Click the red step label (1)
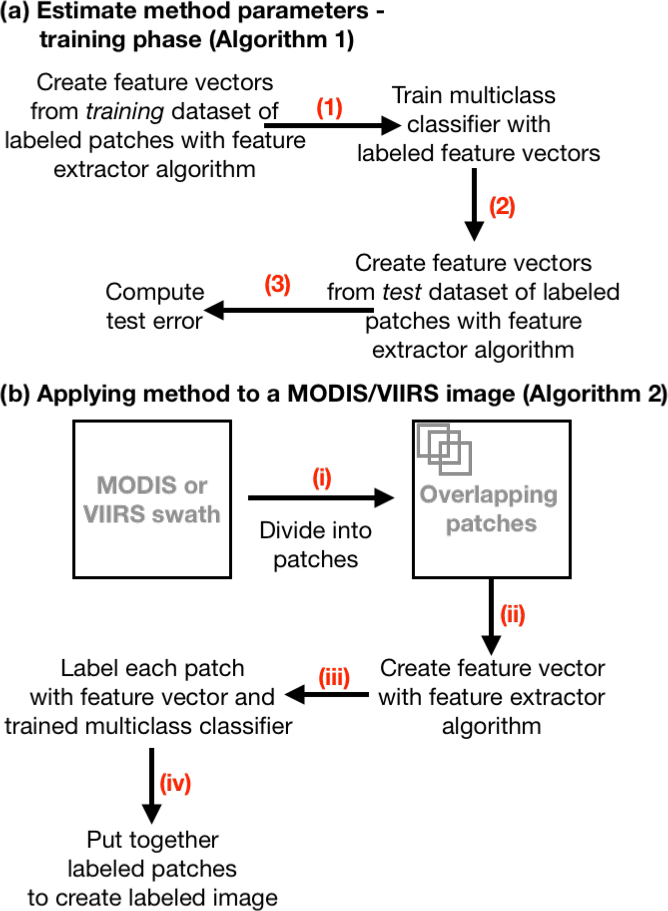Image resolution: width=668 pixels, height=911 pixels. (x=329, y=108)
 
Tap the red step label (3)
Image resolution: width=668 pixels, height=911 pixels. (x=277, y=284)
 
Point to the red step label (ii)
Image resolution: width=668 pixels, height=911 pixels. (x=512, y=615)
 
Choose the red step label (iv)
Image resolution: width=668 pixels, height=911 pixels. (x=175, y=783)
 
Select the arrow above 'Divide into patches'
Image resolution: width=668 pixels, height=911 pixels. (x=321, y=498)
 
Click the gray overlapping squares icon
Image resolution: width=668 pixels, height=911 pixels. (x=444, y=449)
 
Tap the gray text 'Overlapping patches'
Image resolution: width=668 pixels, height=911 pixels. (x=489, y=509)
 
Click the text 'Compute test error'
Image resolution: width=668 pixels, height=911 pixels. (x=155, y=306)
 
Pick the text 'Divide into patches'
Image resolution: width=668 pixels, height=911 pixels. (x=316, y=545)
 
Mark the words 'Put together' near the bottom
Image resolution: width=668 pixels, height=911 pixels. (x=153, y=840)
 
